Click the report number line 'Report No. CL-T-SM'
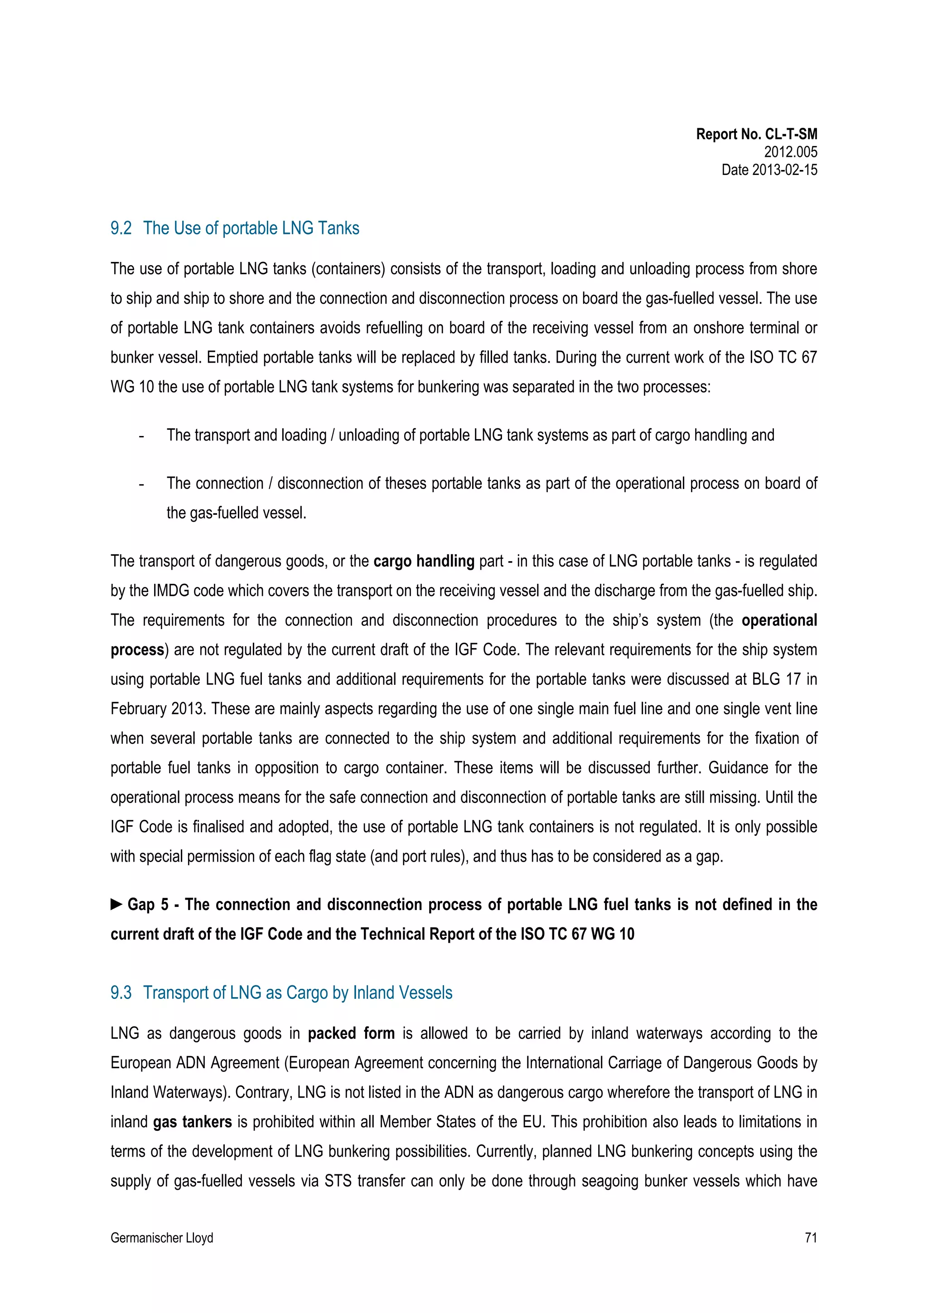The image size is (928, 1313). tap(756, 135)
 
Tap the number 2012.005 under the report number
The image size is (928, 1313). tap(790, 152)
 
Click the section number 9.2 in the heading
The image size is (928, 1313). tap(121, 228)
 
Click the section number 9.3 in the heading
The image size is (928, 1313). tap(121, 992)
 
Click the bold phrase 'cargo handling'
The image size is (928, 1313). tap(424, 561)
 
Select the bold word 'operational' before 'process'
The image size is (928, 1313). tap(779, 620)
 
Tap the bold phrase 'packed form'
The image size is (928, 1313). tap(351, 1033)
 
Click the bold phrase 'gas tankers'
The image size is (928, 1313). tap(193, 1122)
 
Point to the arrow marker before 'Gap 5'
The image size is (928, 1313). tap(116, 904)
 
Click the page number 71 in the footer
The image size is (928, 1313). tap(810, 1238)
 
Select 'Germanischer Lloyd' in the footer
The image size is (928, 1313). tap(162, 1238)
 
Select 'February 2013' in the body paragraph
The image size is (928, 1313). tap(157, 709)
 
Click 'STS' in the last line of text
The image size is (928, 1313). tap(337, 1181)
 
